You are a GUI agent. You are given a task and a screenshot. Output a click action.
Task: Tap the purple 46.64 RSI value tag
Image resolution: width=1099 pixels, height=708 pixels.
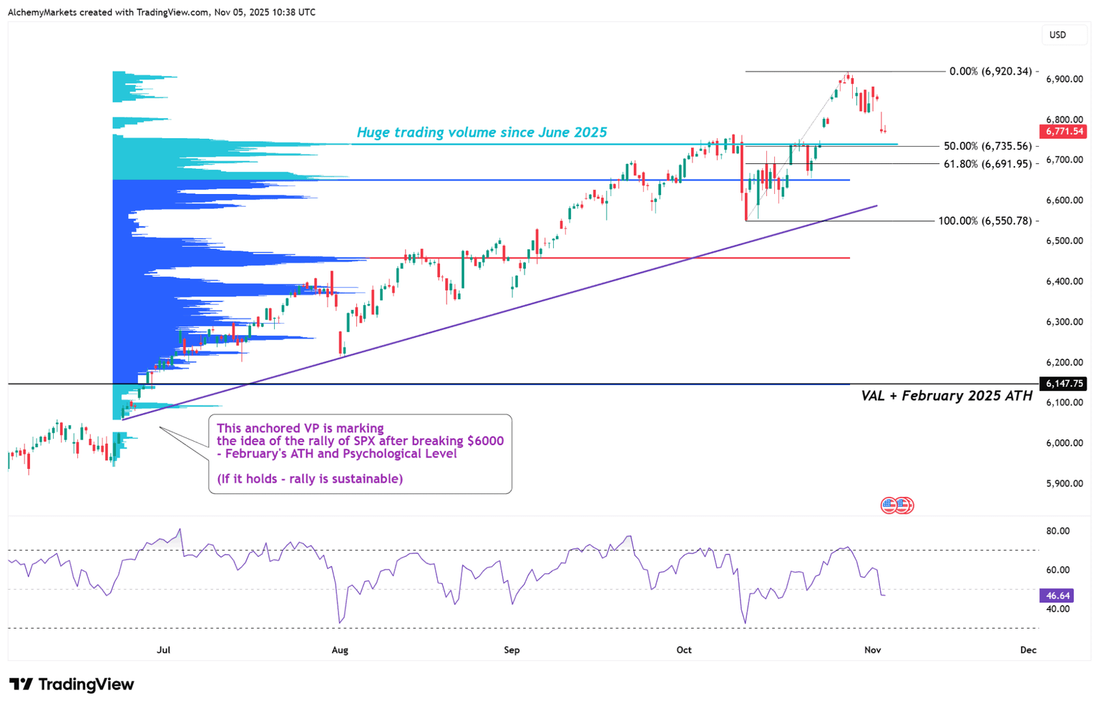(x=1057, y=596)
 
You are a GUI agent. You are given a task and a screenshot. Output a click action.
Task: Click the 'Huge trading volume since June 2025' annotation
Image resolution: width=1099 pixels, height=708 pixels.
(x=482, y=132)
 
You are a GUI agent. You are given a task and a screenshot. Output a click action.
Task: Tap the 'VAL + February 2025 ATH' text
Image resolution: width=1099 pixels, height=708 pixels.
(x=946, y=396)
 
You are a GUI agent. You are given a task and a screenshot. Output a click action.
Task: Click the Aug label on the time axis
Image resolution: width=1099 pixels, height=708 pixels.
(x=340, y=650)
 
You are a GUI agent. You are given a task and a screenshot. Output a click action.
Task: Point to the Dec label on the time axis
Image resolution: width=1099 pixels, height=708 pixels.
(x=1027, y=650)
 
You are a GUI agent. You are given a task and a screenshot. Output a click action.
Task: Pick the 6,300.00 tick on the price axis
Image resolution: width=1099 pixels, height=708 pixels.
(x=1064, y=322)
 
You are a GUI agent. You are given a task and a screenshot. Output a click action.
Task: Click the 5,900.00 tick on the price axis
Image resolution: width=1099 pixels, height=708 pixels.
(x=1064, y=484)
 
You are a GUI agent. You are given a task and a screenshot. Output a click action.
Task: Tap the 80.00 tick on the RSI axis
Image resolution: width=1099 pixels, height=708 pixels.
(x=1058, y=531)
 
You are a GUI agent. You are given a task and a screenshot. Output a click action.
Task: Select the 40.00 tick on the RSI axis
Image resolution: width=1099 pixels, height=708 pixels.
(x=1058, y=609)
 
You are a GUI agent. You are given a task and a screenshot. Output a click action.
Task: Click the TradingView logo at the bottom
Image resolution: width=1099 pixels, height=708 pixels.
(x=72, y=684)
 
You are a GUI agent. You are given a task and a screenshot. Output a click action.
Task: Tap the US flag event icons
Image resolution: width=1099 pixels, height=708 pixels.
(x=897, y=505)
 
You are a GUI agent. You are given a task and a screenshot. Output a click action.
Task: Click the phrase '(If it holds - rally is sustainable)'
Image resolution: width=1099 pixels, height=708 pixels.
(x=310, y=479)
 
